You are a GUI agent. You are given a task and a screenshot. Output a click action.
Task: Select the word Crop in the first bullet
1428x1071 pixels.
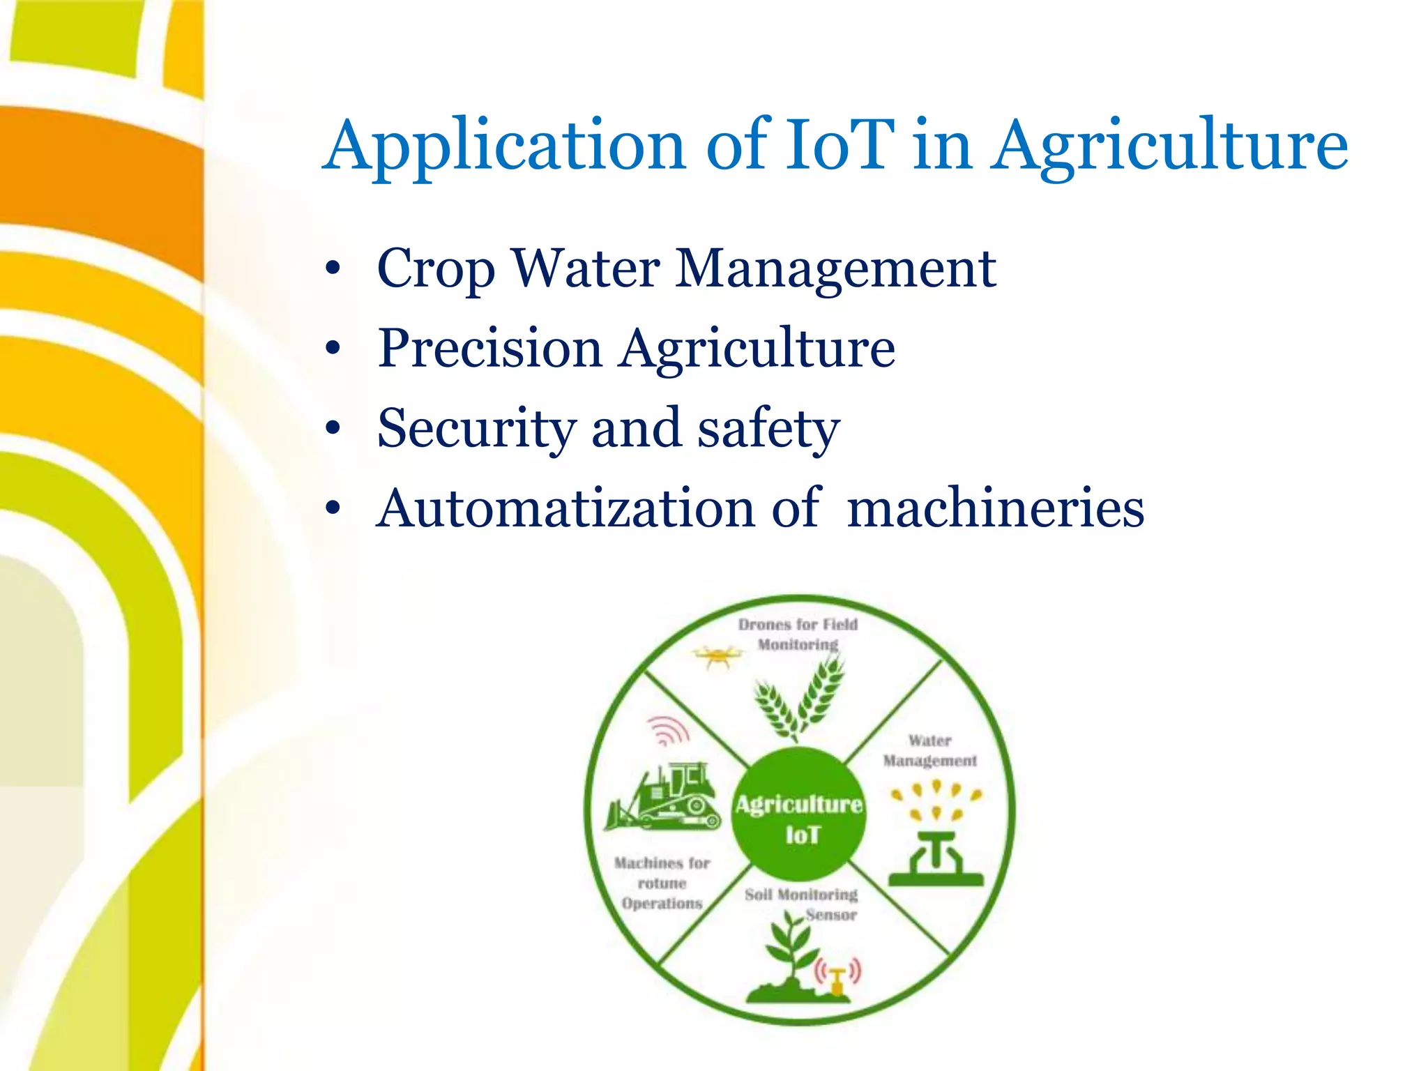pyautogui.click(x=436, y=269)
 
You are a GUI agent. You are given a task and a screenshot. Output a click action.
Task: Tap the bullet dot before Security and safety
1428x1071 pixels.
pyautogui.click(x=333, y=428)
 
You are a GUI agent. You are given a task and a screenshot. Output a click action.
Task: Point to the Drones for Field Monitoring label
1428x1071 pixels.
pyautogui.click(x=798, y=634)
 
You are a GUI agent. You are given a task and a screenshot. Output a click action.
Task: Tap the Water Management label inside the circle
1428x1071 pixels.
pyautogui.click(x=929, y=750)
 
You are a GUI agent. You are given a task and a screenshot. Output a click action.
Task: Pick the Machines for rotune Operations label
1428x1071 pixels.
pyautogui.click(x=662, y=883)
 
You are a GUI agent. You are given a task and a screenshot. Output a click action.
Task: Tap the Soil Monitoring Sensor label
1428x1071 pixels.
pyautogui.click(x=802, y=903)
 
